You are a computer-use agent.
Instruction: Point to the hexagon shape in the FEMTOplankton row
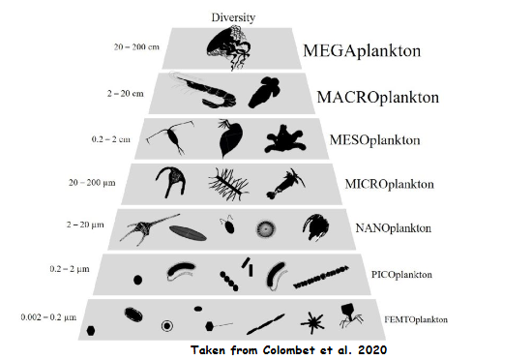click(90, 329)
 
